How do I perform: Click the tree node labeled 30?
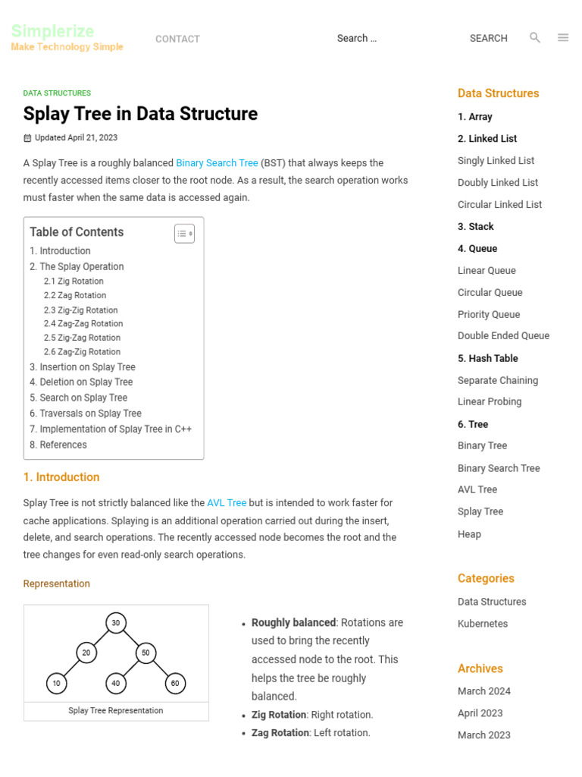point(115,623)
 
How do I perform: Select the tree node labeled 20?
point(86,653)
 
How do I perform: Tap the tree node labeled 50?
point(145,653)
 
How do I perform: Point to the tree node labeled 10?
point(56,683)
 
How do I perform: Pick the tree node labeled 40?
point(115,683)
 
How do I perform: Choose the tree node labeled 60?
point(175,683)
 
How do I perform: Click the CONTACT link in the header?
point(177,39)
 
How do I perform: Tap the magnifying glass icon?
point(535,37)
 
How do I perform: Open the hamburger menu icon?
point(563,37)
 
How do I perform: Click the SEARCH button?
point(488,38)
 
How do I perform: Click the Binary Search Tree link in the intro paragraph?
point(217,163)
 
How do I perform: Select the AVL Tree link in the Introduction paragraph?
point(227,502)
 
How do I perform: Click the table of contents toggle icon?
point(184,234)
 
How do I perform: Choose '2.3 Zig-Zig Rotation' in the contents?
point(80,310)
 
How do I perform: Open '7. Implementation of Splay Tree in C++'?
point(111,429)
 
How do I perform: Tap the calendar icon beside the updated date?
point(27,138)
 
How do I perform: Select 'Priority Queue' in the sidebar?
point(489,314)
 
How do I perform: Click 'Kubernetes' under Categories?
point(483,624)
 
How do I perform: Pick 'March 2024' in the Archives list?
point(484,690)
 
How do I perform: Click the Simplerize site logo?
point(53,32)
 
